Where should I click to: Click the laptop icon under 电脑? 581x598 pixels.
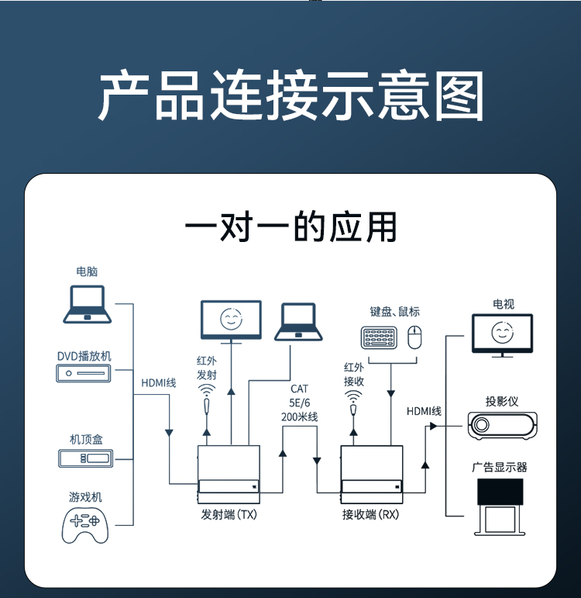87,303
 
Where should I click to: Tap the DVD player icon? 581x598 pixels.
84,374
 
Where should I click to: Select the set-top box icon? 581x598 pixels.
86,458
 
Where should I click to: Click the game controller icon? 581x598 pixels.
85,524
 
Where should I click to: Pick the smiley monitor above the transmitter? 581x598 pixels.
230,320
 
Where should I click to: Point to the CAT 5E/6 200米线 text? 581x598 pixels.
300,403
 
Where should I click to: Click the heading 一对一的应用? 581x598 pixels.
290,226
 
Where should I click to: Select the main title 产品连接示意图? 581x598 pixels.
290,96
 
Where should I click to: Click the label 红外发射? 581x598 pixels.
206,368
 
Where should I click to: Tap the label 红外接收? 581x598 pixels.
353,374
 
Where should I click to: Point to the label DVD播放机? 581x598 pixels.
84,356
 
